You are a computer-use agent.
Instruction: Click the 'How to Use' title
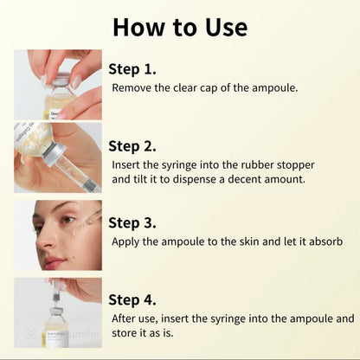pos(180,27)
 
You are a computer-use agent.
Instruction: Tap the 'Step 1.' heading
pos(132,68)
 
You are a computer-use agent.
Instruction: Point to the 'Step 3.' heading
pos(132,222)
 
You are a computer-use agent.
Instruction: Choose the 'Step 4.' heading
pos(132,299)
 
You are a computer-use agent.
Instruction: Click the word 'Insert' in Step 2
pos(128,164)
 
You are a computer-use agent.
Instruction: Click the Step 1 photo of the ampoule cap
pos(58,84)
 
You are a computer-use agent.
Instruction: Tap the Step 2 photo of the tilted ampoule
pos(58,157)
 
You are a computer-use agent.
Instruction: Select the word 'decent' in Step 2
pos(255,180)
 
